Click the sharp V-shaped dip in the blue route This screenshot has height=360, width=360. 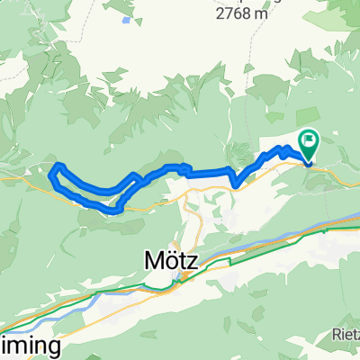236,185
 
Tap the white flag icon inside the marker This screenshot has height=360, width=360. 311,139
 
